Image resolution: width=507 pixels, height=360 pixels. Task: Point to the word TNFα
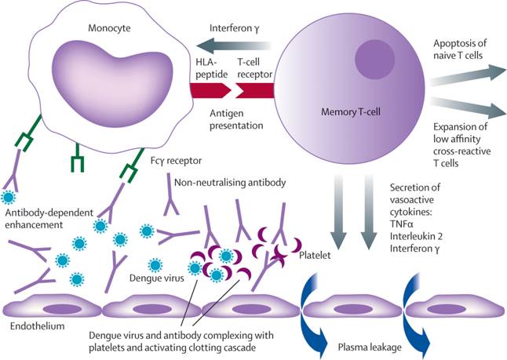click(402, 223)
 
